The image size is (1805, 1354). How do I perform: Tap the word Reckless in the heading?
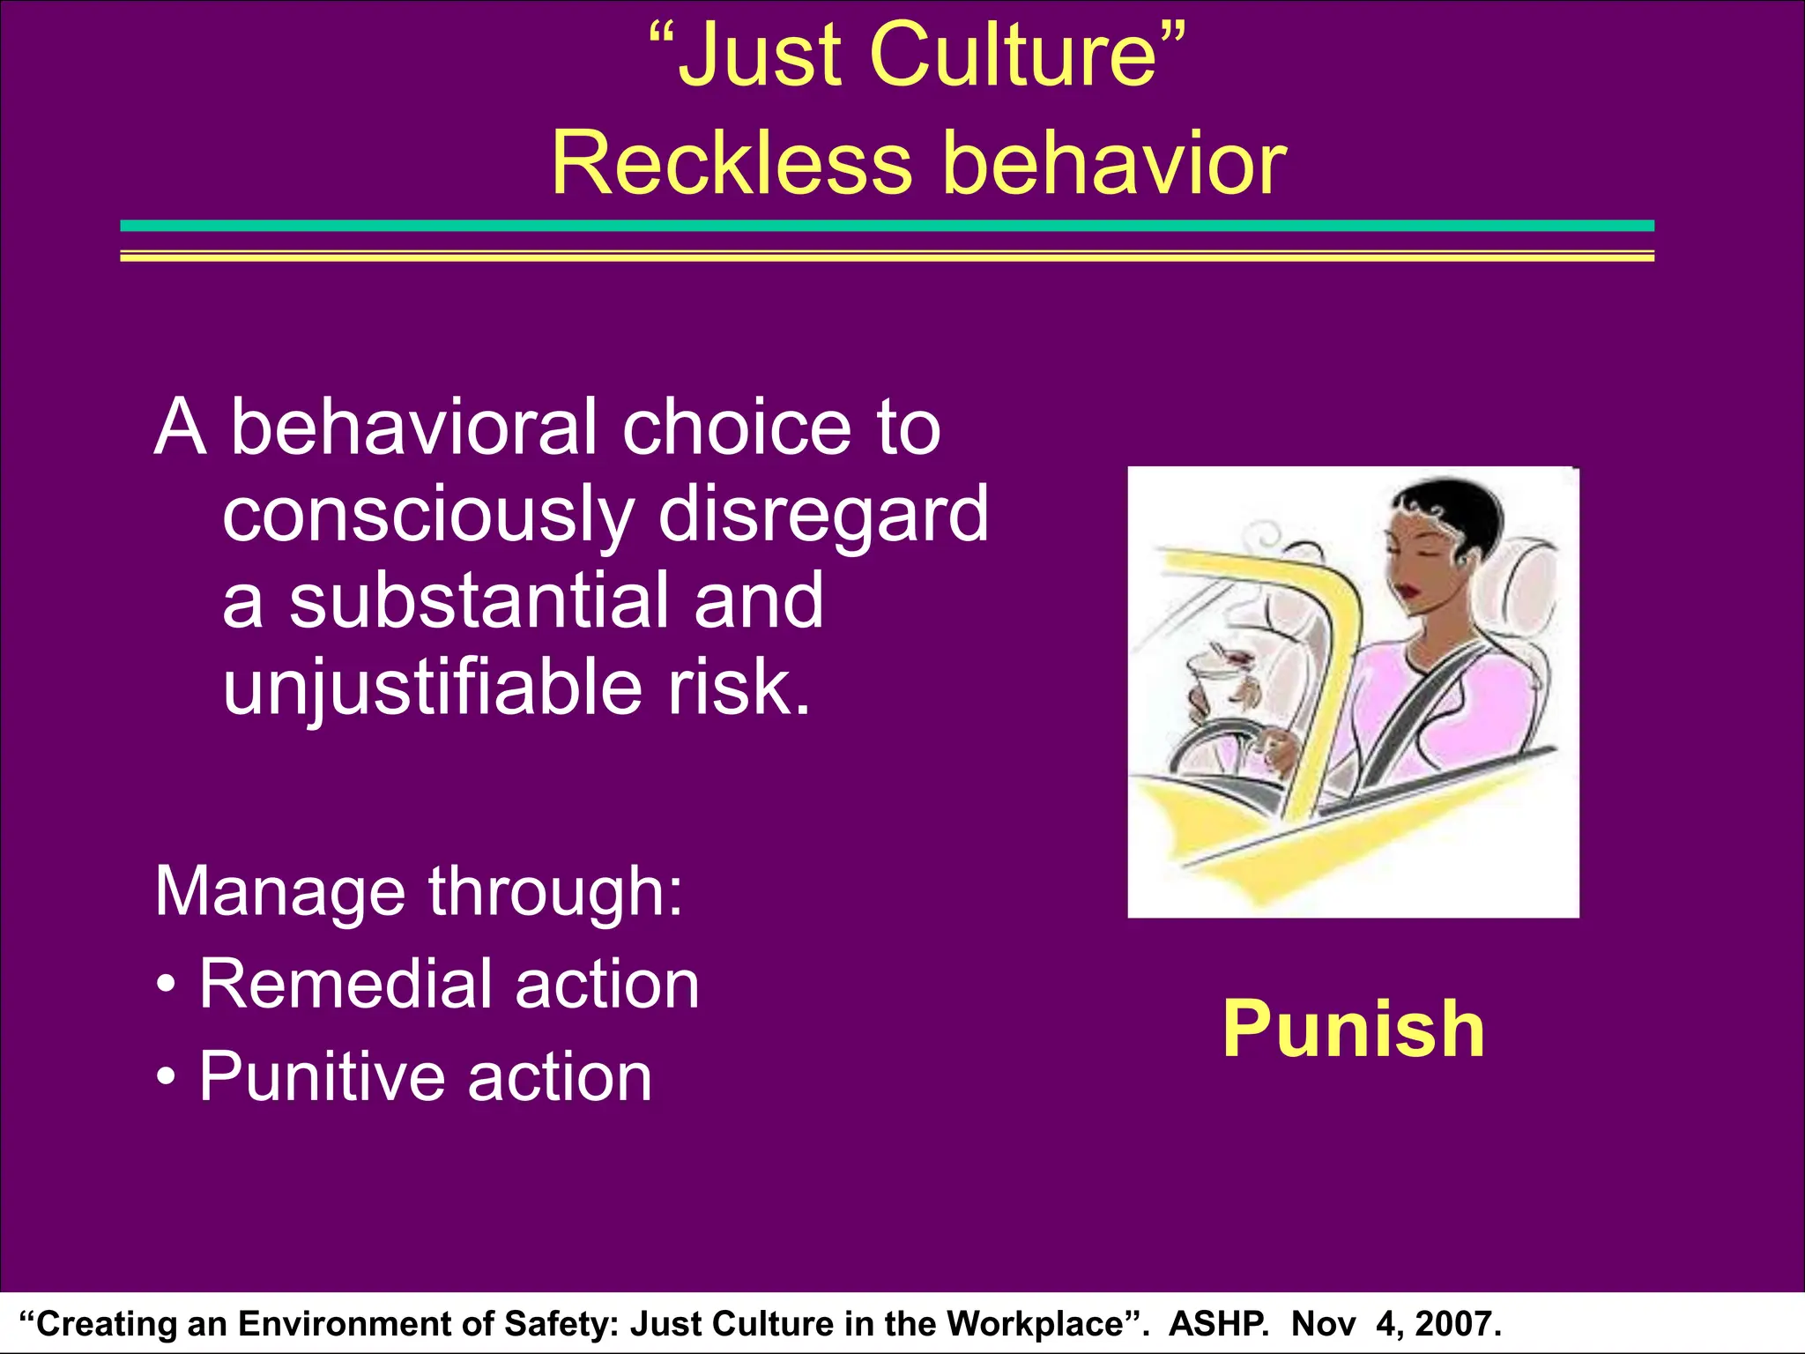732,164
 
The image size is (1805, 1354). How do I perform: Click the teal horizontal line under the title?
887,227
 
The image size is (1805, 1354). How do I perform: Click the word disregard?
823,515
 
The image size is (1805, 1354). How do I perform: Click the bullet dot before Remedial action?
167,986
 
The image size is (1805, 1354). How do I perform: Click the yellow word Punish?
1354,1030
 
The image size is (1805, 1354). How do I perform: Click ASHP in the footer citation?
1218,1324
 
